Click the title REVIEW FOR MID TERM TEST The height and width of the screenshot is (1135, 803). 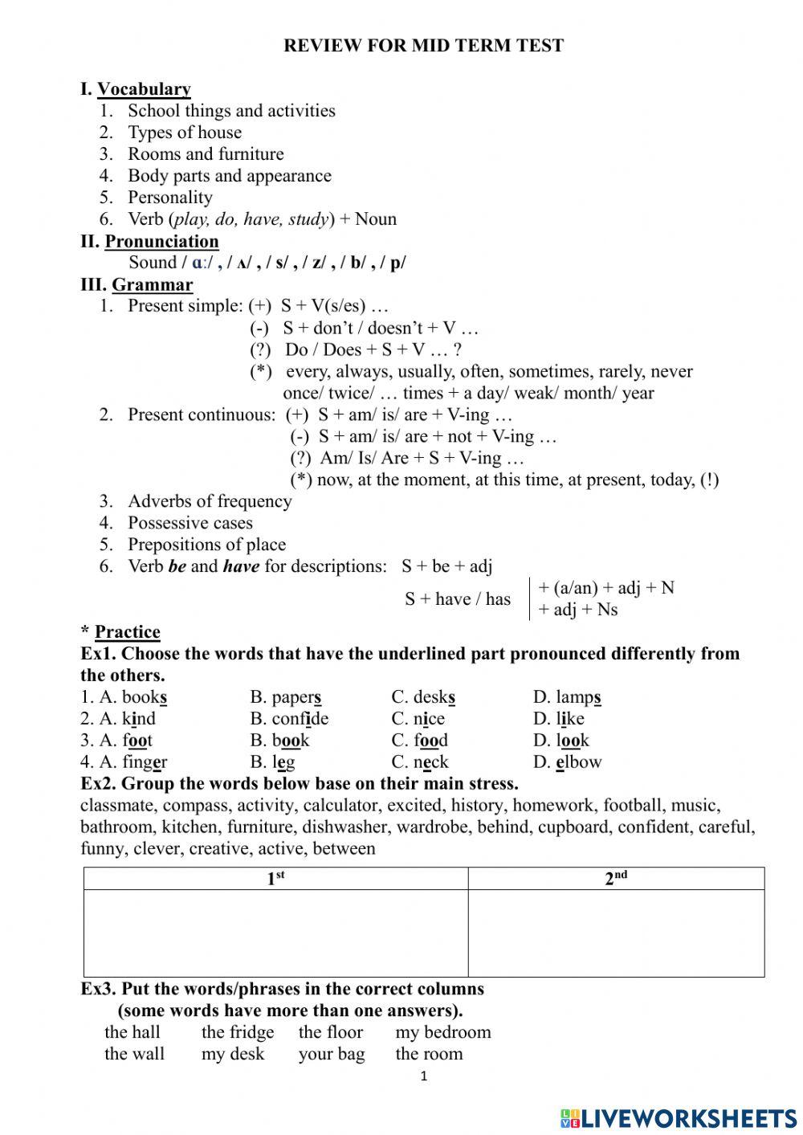[423, 46]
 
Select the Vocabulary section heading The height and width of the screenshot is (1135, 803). [144, 89]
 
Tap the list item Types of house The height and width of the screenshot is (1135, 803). [184, 133]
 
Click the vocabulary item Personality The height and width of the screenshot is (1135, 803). [169, 198]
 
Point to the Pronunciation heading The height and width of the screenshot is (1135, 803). [161, 241]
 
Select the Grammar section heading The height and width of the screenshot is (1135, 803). [152, 284]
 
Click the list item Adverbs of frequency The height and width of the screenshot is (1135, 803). [209, 501]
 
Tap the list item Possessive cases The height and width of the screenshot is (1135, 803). [190, 523]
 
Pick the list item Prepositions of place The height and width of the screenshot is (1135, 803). [206, 545]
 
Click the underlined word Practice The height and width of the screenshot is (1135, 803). [127, 632]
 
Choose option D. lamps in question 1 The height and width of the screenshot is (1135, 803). [567, 697]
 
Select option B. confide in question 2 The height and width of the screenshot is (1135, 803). [289, 719]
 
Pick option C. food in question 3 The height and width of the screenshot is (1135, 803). [419, 741]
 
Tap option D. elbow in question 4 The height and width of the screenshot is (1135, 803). [567, 762]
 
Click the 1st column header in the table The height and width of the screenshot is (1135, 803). [275, 879]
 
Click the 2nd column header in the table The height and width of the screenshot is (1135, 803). [616, 879]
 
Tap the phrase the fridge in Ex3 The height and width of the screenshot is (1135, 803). [237, 1032]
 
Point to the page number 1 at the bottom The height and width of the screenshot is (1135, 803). [424, 1076]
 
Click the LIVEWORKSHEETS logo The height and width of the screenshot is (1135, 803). [679, 1117]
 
